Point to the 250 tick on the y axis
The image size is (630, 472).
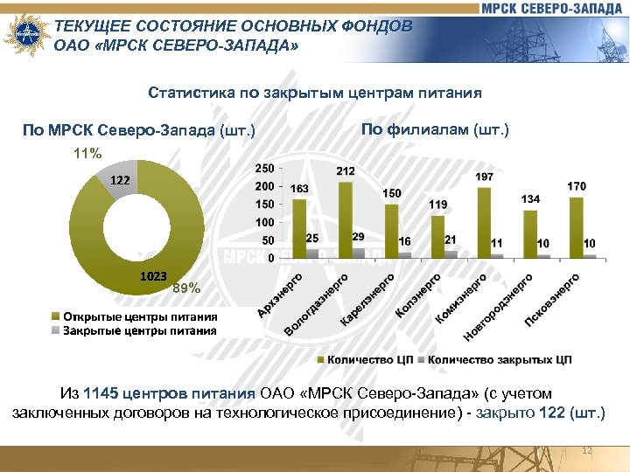click(x=263, y=168)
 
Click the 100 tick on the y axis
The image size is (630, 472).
click(x=263, y=222)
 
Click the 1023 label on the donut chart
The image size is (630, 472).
click(x=153, y=276)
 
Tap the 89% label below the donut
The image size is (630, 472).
click(x=186, y=288)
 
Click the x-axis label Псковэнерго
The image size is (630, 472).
click(x=553, y=301)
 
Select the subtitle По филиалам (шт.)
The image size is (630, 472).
click(x=434, y=130)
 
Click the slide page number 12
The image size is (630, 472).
click(x=587, y=450)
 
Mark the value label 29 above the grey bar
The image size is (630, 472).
click(x=358, y=237)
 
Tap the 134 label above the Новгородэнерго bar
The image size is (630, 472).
click(x=530, y=199)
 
